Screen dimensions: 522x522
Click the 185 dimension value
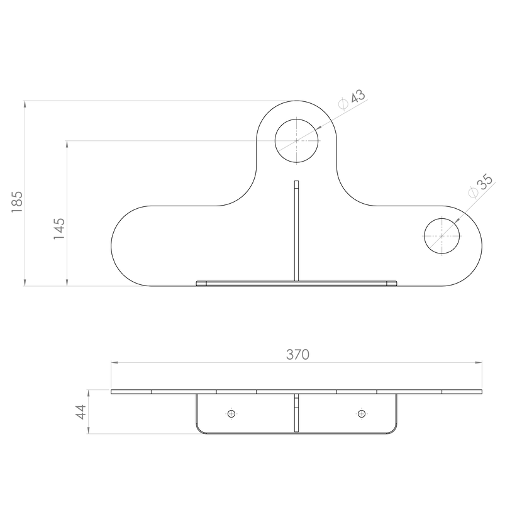pos(17,202)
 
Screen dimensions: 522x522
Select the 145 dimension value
pos(59,229)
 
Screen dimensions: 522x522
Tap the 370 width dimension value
pos(297,355)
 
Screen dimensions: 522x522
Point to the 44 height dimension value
pos(81,412)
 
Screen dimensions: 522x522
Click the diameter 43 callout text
pos(352,99)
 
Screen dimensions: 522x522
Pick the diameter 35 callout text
pos(480,186)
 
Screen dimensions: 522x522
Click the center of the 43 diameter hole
pos(296,141)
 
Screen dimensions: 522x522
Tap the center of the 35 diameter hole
pos(441,236)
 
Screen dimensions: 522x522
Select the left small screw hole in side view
pos(231,414)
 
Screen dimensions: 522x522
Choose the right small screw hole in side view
pos(362,414)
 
